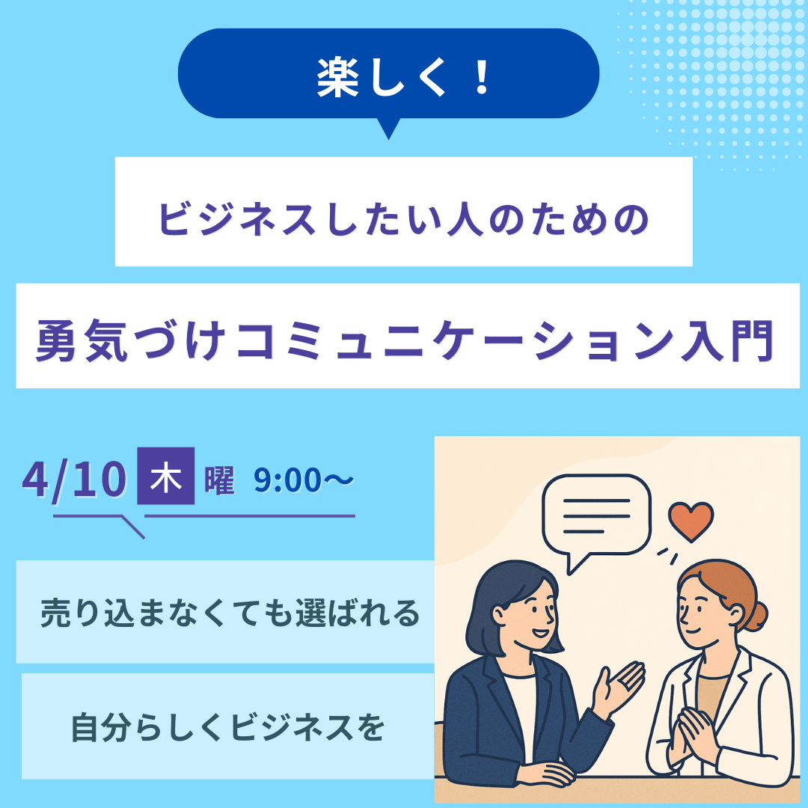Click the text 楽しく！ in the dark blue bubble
[x=403, y=78]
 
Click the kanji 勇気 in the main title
[x=82, y=340]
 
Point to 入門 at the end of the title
[x=727, y=340]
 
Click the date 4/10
[x=74, y=480]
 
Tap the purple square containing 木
[x=166, y=476]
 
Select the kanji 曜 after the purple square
[x=219, y=480]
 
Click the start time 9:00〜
[x=304, y=480]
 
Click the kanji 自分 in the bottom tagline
[x=102, y=727]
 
